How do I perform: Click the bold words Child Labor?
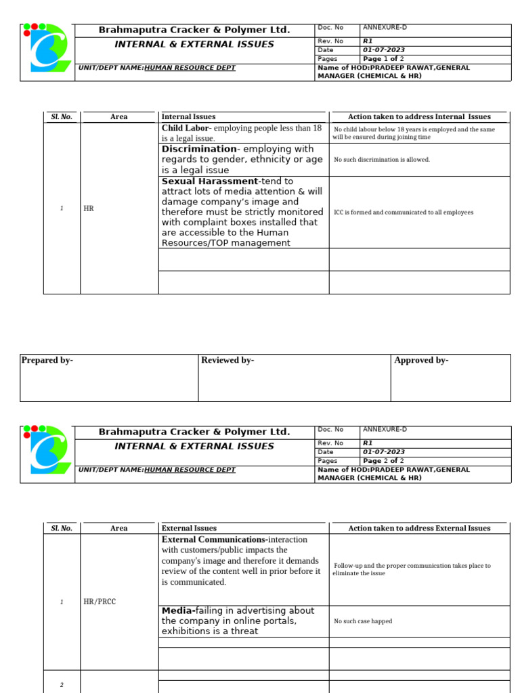[x=186, y=128]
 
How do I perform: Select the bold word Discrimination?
[x=198, y=149]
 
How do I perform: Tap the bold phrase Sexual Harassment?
[x=209, y=181]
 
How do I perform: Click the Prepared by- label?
[x=47, y=361]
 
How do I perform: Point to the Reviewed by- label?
[x=227, y=361]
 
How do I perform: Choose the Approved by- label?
[x=421, y=361]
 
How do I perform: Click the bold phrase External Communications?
[x=214, y=539]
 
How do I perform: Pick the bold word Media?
[x=177, y=610]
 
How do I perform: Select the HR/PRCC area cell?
[x=100, y=602]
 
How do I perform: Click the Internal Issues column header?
[x=188, y=117]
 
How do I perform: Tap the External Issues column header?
[x=189, y=529]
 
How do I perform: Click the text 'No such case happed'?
[x=363, y=621]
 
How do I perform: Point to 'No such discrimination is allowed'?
[x=382, y=160]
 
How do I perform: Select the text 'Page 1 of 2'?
[x=383, y=59]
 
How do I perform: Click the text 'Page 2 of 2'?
[x=383, y=461]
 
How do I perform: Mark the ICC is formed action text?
[x=404, y=213]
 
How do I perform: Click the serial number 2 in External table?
[x=62, y=684]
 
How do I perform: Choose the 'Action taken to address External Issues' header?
[x=419, y=529]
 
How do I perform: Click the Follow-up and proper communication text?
[x=412, y=569]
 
